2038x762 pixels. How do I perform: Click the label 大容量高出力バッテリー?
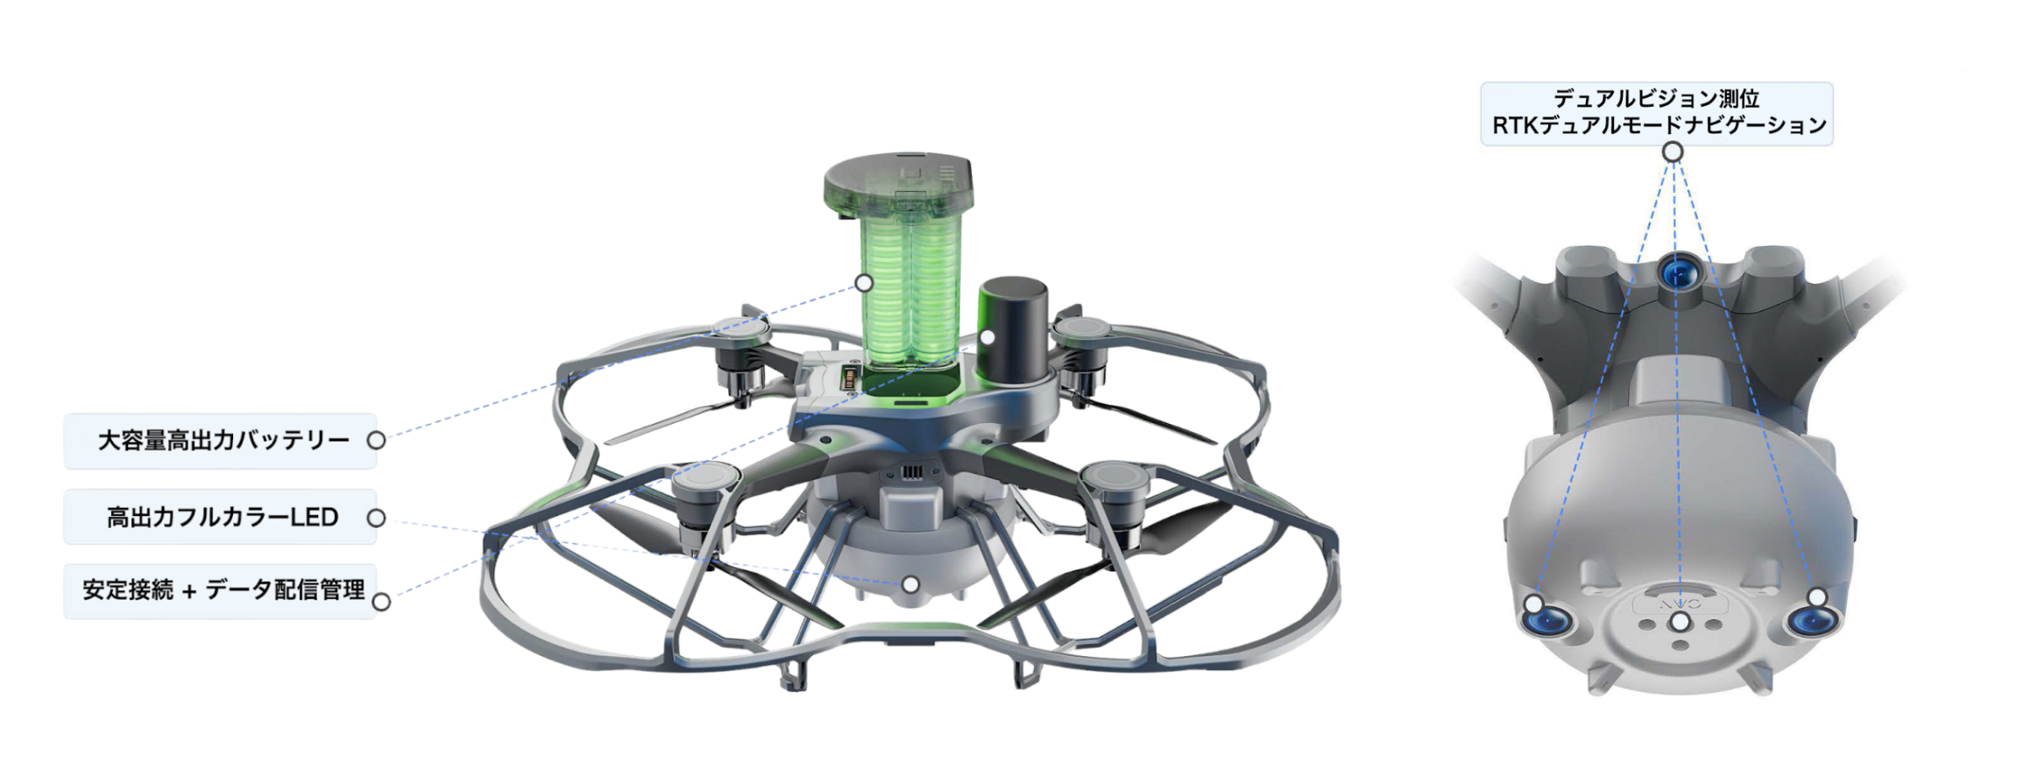point(223,440)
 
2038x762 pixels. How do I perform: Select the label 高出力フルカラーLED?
point(223,517)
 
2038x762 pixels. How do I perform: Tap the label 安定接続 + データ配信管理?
point(223,589)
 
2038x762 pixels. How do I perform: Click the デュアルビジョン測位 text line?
point(1657,98)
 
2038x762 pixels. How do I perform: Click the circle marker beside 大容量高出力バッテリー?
point(376,440)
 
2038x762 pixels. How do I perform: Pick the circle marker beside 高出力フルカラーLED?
point(376,518)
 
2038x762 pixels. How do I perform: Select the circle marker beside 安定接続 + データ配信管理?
point(381,602)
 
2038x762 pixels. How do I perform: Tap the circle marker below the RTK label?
point(1673,152)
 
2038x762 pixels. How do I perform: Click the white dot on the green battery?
point(864,283)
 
